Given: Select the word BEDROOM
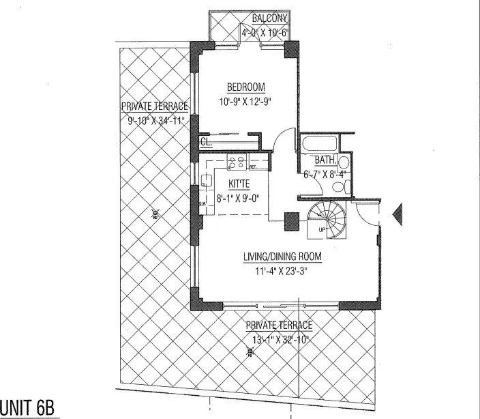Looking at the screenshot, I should [x=245, y=87].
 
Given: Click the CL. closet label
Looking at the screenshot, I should [x=205, y=143].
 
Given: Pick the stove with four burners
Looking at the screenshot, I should [x=237, y=162].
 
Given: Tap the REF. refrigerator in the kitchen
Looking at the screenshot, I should [x=252, y=166].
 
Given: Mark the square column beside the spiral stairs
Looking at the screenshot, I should [x=292, y=220].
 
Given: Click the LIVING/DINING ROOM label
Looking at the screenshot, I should [x=282, y=257].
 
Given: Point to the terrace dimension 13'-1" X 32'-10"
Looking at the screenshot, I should [x=280, y=339].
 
